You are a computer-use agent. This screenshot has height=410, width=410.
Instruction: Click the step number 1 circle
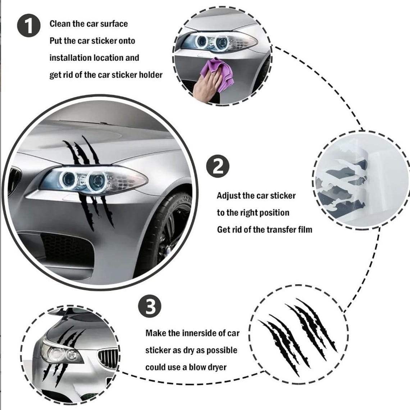click(29, 26)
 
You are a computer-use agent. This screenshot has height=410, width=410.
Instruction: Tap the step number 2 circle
click(218, 166)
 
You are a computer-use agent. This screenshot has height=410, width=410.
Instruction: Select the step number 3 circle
click(150, 306)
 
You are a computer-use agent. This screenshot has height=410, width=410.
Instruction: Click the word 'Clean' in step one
click(60, 24)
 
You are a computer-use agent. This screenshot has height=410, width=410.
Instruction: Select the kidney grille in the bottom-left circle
click(108, 359)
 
